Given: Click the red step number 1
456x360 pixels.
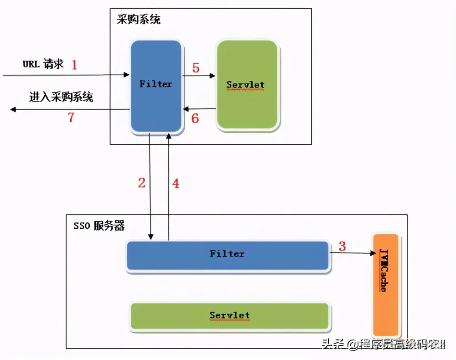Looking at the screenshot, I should coord(74,65).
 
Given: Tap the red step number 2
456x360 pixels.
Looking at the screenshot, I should coord(142,183).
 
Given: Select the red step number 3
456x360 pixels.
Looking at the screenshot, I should coord(342,246).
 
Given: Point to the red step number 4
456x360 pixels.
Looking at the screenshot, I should coord(176,184).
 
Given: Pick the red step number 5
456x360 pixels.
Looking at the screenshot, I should coord(196,68).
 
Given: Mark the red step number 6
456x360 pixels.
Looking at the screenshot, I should coord(195,118).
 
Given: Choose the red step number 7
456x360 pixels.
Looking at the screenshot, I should coord(71,117).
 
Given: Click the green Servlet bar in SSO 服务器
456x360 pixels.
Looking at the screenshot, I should coord(229,316).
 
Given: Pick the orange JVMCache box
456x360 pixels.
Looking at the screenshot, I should coord(386,285).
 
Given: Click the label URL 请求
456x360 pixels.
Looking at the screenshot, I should coord(43,64).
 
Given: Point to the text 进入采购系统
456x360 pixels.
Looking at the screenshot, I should coord(61,97).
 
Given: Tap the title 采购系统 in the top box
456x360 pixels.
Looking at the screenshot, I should coord(139,20).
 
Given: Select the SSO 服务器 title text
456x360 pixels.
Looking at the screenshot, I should coord(99,226).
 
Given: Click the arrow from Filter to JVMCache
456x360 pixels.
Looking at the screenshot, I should coord(351,253).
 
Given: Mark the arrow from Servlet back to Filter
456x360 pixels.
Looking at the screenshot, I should coord(199,109).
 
